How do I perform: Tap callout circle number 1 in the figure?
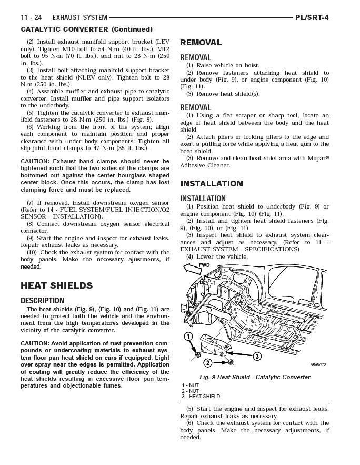(x=187, y=337)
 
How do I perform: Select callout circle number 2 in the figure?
(x=208, y=363)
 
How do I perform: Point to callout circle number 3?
(x=257, y=357)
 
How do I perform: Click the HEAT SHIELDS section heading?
(x=56, y=285)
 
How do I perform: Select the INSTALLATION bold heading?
(x=212, y=184)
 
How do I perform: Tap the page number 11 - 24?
(x=31, y=17)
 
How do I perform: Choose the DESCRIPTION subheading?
(x=42, y=300)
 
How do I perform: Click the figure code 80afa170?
(x=318, y=364)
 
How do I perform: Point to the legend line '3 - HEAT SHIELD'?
(x=201, y=397)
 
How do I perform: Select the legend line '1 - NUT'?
(x=191, y=385)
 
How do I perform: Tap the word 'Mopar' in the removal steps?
(x=314, y=158)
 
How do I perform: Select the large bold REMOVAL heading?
(x=201, y=43)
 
